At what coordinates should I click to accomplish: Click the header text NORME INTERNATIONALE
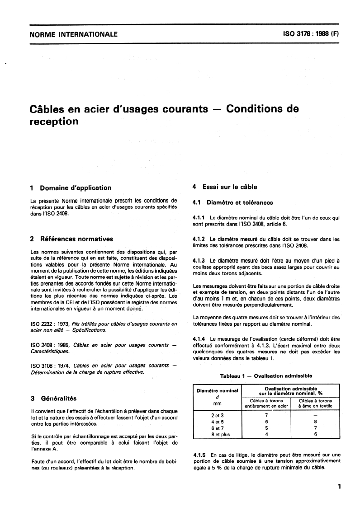click(x=73, y=34)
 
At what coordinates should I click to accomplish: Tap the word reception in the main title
click(x=54, y=122)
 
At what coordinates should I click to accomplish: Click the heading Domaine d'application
click(x=76, y=188)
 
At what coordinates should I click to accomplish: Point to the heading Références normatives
click(x=76, y=239)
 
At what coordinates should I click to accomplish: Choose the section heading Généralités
click(x=59, y=399)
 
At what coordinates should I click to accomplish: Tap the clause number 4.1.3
click(x=199, y=261)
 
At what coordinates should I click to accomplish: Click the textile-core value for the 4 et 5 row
click(x=315, y=421)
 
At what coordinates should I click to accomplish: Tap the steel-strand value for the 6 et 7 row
click(x=266, y=427)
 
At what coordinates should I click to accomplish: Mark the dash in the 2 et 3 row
click(x=315, y=414)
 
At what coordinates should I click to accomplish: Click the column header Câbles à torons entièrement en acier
click(x=266, y=403)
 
